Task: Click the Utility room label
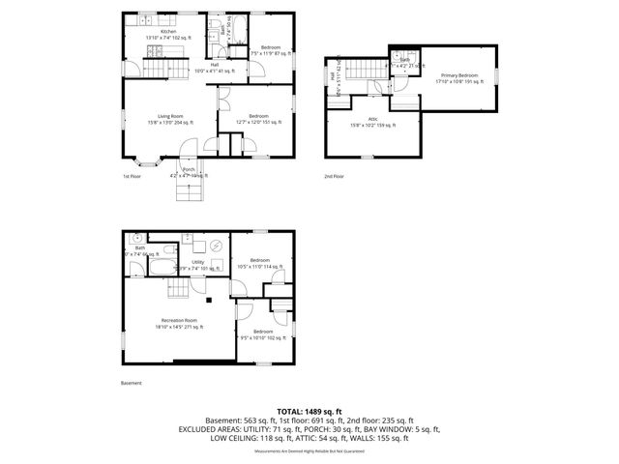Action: point(197,262)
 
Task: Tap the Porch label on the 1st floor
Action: point(189,172)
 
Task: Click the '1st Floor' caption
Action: point(133,177)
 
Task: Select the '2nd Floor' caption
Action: point(334,177)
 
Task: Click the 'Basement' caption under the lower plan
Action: point(132,383)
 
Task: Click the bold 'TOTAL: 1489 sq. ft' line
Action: point(309,412)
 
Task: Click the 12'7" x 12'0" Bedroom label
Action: point(258,119)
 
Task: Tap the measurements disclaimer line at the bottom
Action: point(309,451)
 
